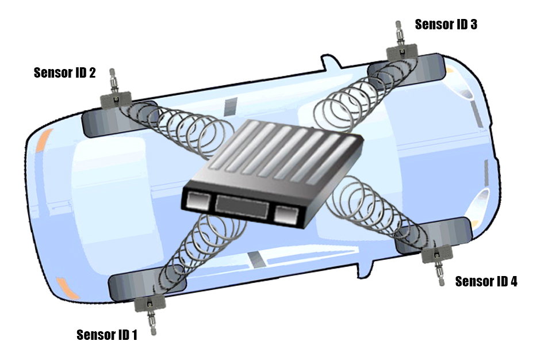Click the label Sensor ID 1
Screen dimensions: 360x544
pyautogui.click(x=107, y=335)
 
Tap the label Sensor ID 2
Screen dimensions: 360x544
pyautogui.click(x=64, y=72)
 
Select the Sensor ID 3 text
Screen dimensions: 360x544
pyautogui.click(x=446, y=24)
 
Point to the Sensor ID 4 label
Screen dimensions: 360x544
pyautogui.click(x=486, y=281)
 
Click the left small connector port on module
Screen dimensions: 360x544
pyautogui.click(x=198, y=201)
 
